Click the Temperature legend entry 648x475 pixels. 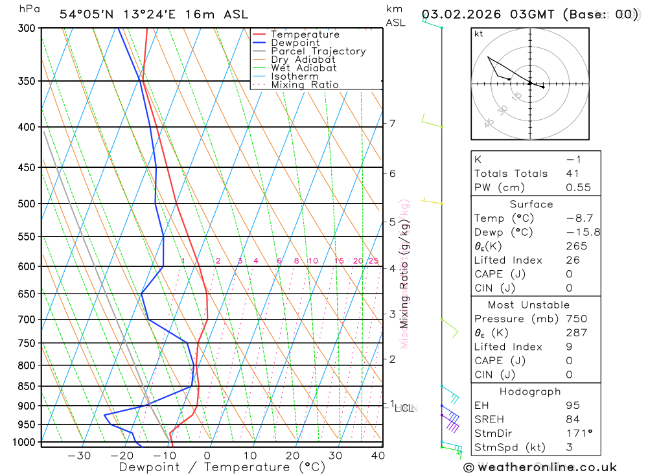tap(305, 34)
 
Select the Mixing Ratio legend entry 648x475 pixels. tap(305, 85)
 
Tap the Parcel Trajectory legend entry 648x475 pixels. tap(318, 51)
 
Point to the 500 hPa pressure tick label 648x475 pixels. tap(27, 203)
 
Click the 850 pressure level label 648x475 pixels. tap(27, 386)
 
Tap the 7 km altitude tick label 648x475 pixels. tap(393, 123)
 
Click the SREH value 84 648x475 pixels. tap(573, 419)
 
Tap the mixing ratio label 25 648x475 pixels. tap(373, 261)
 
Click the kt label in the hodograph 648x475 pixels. tap(479, 34)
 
